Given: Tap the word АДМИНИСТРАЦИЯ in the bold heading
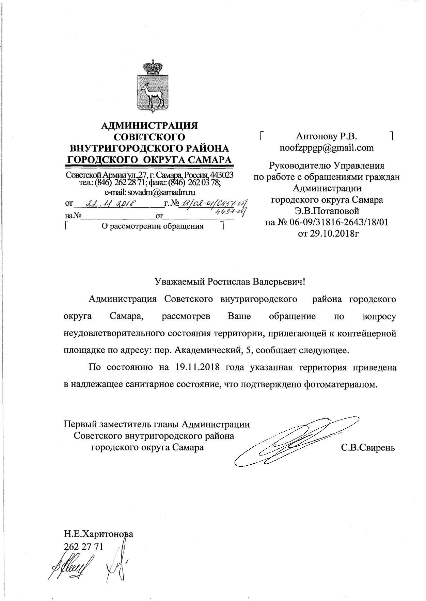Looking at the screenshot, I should pos(150,126).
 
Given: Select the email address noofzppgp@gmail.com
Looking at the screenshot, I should pos(326,148).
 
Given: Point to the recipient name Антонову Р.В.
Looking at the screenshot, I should pos(326,137).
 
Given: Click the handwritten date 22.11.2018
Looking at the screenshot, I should pos(111,203).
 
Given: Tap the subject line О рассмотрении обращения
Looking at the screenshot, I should pos(153,226).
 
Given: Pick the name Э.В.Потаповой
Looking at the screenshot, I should pos(327,211).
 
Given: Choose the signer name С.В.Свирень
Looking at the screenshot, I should pos(368,448).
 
